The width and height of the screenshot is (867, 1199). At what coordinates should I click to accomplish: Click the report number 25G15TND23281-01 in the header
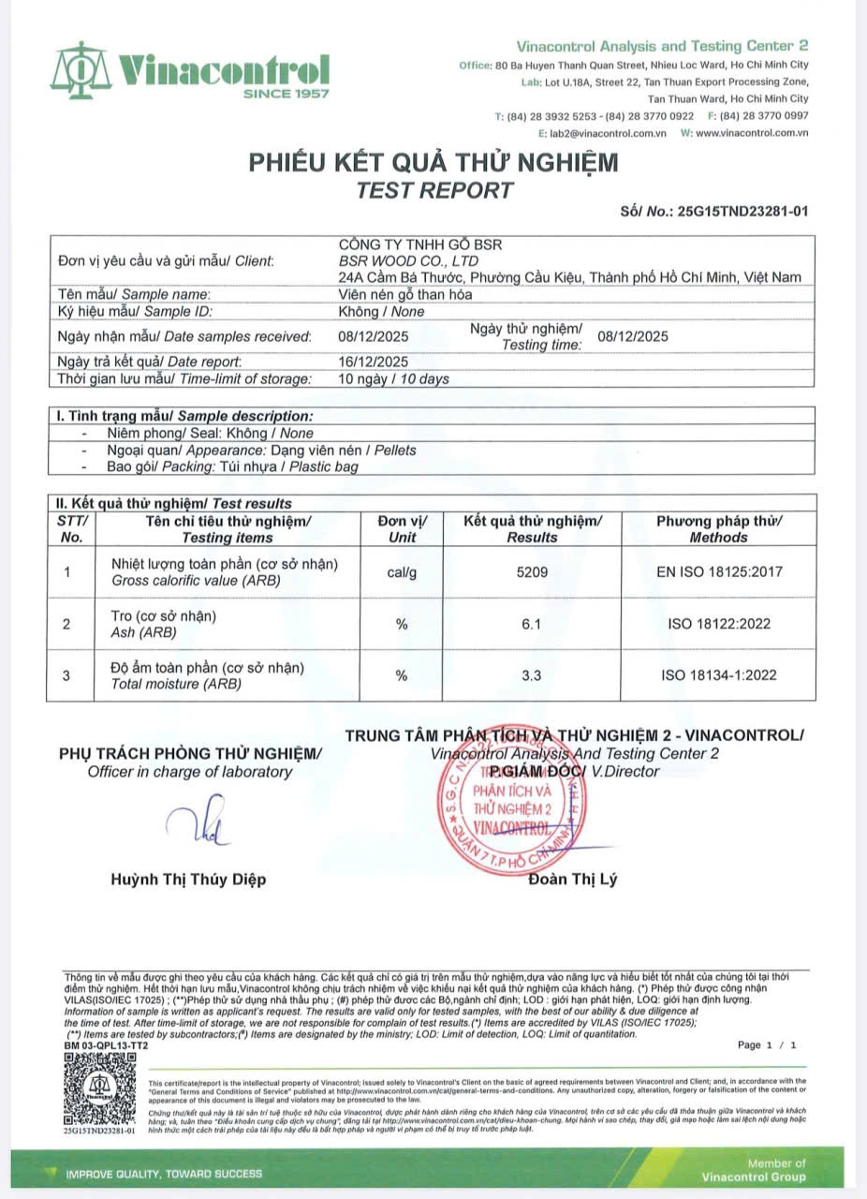(742, 212)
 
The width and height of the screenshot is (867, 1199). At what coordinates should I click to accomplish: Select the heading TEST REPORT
(434, 190)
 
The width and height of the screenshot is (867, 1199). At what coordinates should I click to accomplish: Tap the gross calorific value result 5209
(531, 571)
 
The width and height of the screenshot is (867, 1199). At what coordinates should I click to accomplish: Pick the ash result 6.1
(531, 624)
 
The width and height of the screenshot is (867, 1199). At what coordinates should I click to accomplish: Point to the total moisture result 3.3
(531, 675)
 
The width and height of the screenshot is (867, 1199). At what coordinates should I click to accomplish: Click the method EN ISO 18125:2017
(718, 571)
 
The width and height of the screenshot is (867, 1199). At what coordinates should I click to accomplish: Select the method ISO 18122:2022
(718, 624)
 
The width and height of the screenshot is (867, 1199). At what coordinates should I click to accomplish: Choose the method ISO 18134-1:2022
(718, 675)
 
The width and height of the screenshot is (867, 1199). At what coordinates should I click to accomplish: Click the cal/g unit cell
(402, 571)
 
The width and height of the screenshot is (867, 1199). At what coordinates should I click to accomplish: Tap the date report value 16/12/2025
(373, 362)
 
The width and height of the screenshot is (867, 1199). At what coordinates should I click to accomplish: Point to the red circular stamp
(513, 805)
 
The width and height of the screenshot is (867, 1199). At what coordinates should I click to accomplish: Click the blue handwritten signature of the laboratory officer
(198, 822)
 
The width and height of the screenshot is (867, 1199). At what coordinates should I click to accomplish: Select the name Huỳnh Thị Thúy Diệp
(188, 880)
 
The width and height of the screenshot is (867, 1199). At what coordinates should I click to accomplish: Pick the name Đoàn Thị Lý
(572, 880)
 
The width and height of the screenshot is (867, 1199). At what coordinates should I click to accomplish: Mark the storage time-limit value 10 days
(393, 379)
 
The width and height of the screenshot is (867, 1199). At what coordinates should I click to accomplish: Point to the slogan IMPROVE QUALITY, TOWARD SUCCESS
(164, 1173)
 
